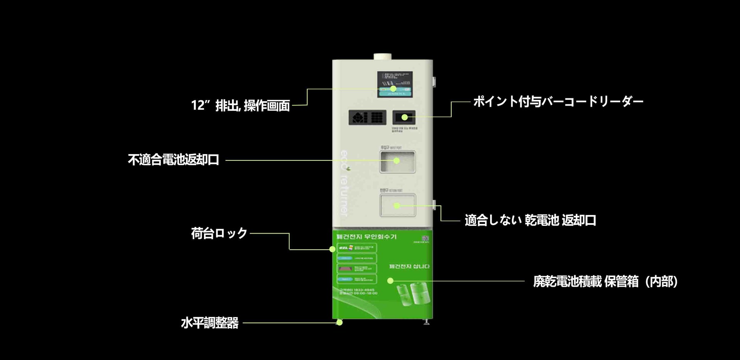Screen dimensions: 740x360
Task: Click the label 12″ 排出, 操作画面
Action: tap(240, 105)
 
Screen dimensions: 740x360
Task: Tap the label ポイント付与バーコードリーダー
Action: tap(558, 102)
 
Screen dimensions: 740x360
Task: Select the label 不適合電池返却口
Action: tap(174, 160)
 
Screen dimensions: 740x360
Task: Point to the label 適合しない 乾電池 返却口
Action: tap(530, 220)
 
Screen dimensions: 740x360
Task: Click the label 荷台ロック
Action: tap(219, 233)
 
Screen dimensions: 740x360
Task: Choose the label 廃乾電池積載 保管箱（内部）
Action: tap(605, 281)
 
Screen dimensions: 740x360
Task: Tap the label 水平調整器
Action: tap(210, 323)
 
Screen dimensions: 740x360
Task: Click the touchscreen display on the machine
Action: tap(394, 84)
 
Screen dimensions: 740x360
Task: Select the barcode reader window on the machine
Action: tap(404, 117)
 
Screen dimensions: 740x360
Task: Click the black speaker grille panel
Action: tap(367, 118)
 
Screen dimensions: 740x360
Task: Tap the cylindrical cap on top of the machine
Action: tap(383, 56)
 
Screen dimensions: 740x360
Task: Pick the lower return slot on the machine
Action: tap(398, 205)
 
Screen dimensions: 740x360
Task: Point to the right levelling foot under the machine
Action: tap(426, 322)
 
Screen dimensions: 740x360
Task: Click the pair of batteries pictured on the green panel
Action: tap(412, 295)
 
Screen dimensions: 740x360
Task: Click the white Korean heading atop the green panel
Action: tap(366, 237)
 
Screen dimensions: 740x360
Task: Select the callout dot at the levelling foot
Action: tap(339, 323)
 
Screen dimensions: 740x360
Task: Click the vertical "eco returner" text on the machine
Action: tap(344, 183)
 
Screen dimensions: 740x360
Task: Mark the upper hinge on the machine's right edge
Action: tap(434, 81)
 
